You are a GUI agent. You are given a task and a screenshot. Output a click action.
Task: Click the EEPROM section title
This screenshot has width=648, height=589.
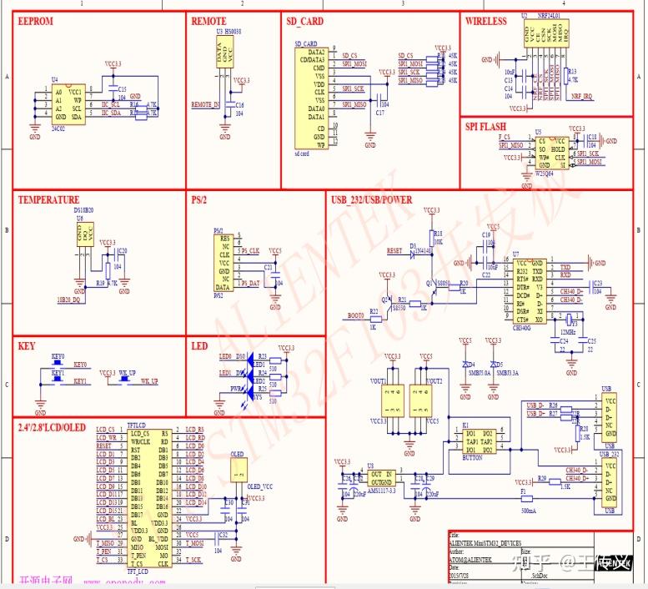click(x=37, y=21)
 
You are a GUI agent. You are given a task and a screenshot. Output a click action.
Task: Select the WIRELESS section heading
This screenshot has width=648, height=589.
click(x=486, y=21)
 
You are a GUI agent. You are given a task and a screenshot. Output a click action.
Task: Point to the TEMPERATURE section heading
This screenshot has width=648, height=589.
click(x=49, y=200)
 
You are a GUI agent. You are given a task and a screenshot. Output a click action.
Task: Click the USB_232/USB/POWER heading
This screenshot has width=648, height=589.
click(x=372, y=200)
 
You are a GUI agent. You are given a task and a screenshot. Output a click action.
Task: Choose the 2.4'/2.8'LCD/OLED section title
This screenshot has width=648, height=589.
click(x=52, y=427)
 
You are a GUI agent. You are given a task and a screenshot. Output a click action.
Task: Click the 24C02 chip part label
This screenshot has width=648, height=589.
click(x=58, y=130)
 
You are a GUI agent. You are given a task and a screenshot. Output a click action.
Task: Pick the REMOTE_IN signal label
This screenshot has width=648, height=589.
click(x=205, y=105)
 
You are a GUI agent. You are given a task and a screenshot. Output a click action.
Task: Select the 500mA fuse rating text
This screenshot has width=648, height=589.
click(x=527, y=509)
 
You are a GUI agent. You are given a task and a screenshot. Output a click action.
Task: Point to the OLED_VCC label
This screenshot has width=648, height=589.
click(x=262, y=486)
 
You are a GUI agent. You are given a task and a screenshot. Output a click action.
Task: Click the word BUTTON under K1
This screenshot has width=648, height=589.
click(x=474, y=458)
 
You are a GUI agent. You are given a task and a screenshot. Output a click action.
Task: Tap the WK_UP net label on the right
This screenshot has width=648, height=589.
click(x=148, y=381)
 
